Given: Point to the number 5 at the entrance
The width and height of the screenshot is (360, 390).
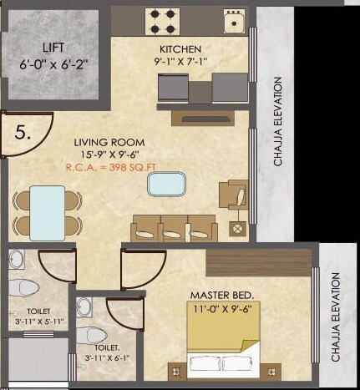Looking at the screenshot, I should point(23,130).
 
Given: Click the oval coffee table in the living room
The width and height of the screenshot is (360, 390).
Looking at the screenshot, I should point(164,184).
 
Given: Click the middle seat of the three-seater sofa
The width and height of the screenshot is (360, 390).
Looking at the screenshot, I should point(174,228).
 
